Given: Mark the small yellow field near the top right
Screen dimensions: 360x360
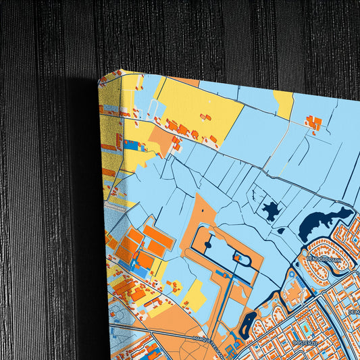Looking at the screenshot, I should [284, 103].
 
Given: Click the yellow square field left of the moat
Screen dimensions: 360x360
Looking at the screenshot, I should [195, 294].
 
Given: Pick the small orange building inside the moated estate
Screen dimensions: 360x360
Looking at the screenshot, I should [238, 257].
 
